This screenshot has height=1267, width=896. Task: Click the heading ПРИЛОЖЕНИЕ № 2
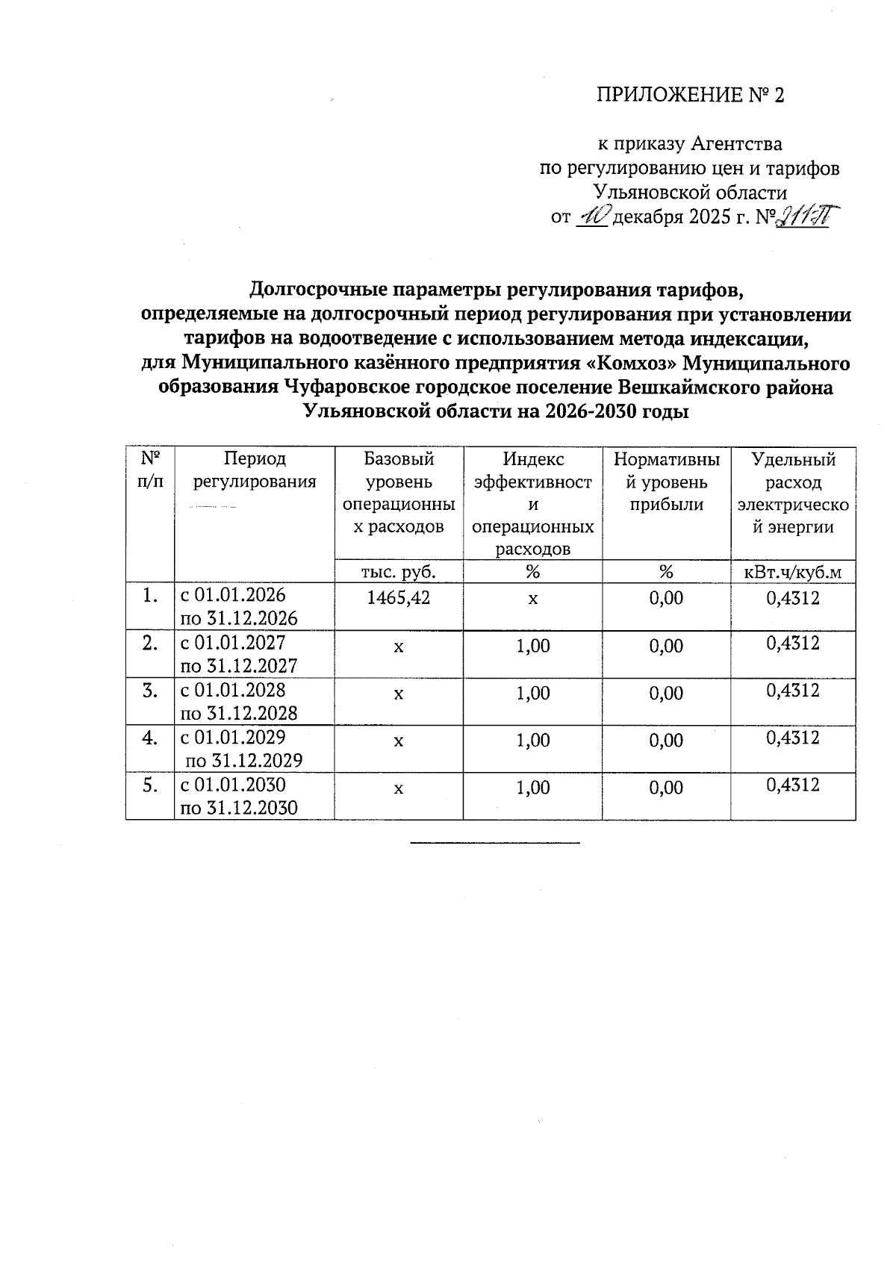coord(691,96)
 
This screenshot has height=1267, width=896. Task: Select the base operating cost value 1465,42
coord(399,598)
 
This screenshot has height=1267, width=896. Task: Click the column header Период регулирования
coord(254,470)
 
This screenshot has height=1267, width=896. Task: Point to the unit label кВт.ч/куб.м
coord(793,572)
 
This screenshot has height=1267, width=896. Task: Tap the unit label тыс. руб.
coord(399,572)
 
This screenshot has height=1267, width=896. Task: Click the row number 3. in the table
coord(150,691)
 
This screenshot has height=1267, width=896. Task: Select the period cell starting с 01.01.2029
coord(243,749)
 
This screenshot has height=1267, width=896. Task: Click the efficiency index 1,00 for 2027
coord(532,646)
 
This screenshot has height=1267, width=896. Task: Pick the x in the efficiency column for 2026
coord(533,599)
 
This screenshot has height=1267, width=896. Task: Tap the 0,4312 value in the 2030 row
coord(793,785)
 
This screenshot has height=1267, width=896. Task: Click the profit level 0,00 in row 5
coord(666,788)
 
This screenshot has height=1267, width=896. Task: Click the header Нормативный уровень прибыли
coord(666,482)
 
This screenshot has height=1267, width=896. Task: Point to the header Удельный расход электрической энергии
coord(793,493)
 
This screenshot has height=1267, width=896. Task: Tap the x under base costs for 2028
coord(399,694)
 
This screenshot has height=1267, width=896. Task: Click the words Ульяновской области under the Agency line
coord(690,193)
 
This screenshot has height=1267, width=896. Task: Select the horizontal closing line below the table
coord(494,843)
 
